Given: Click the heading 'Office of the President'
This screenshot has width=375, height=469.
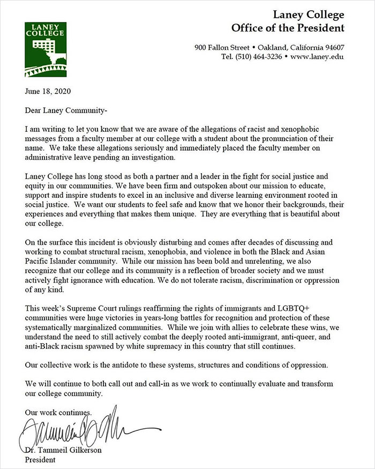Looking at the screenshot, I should point(288,28).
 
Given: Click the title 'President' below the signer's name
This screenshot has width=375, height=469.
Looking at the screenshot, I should point(40,459).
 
